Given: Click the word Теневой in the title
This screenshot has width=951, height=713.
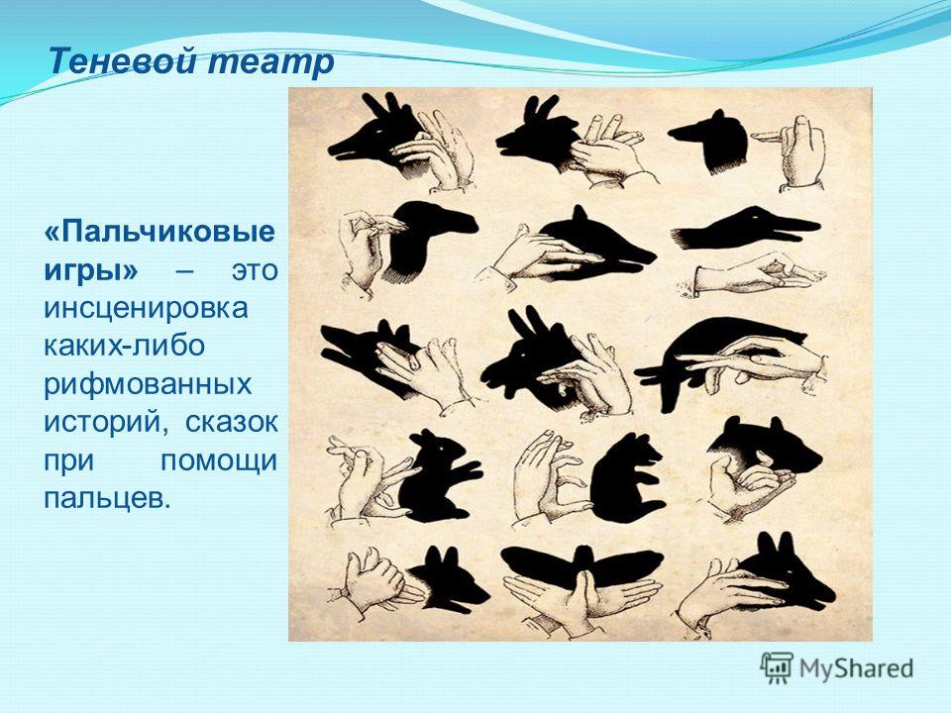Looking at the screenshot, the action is (123, 60).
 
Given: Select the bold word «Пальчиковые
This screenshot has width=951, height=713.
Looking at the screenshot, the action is (158, 232).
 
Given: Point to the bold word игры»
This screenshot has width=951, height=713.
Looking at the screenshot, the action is (91, 270).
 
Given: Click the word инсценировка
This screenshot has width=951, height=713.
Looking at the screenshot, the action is (146, 308).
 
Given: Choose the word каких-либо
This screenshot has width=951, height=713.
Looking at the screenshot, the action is (125, 345).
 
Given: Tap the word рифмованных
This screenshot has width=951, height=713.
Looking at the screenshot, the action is (148, 384).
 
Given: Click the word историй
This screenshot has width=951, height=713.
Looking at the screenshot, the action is (106, 422).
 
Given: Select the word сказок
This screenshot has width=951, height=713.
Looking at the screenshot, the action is (231, 422).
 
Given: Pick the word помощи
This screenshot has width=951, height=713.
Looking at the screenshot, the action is (219, 461).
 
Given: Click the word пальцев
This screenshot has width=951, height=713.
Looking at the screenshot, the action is (104, 499).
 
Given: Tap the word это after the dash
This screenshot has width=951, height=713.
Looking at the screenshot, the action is (255, 270).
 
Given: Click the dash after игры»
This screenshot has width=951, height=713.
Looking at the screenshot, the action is (185, 271).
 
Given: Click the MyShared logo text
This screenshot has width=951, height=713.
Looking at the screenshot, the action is (856, 668).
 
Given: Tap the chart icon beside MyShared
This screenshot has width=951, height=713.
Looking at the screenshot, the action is (777, 668).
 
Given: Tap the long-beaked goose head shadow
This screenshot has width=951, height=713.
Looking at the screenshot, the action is (749, 228).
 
